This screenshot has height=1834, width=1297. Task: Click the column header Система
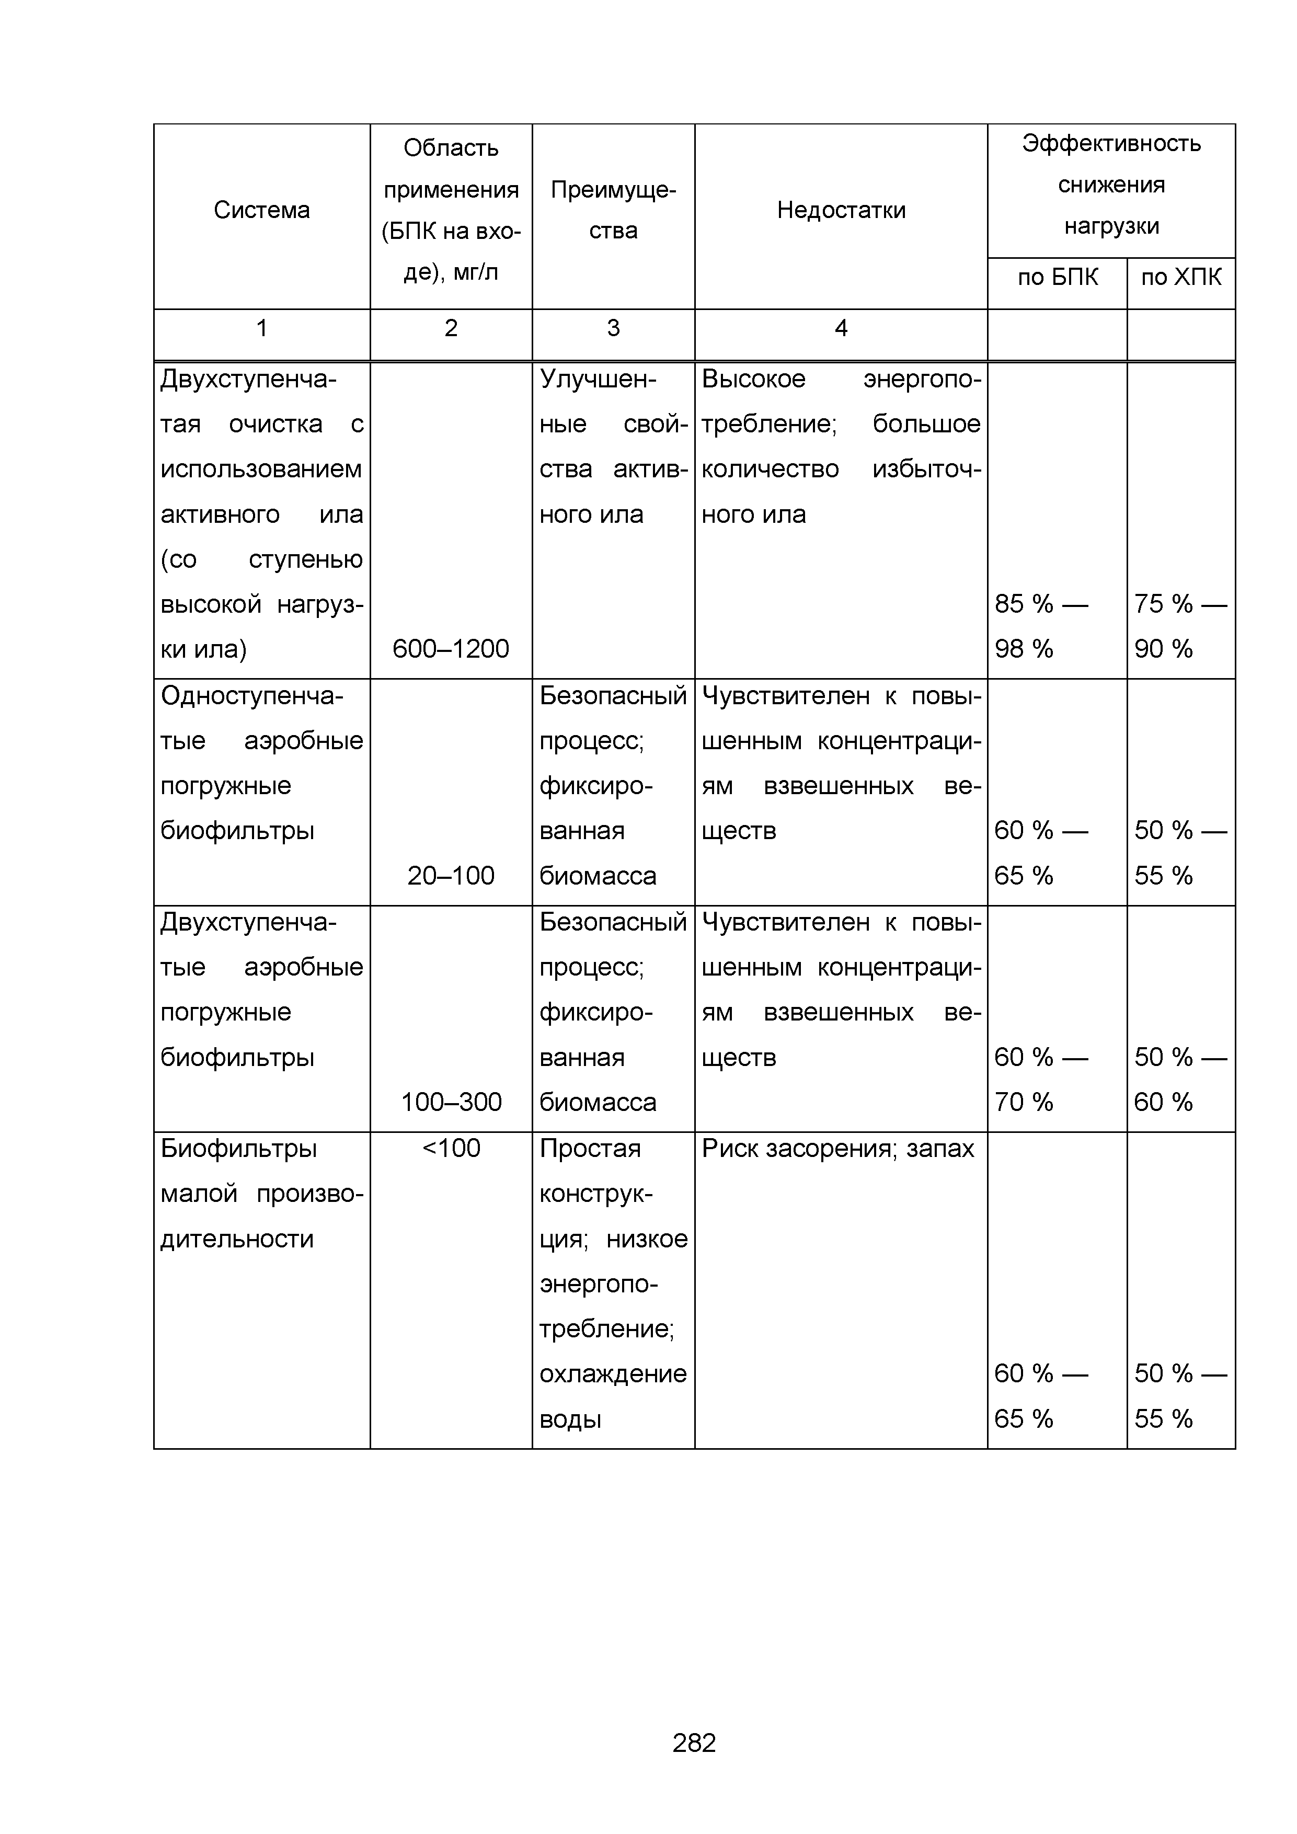click(261, 210)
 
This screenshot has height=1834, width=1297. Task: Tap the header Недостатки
click(841, 210)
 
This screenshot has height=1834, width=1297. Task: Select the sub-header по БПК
click(1058, 277)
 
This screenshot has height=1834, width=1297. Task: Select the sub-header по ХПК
click(1180, 277)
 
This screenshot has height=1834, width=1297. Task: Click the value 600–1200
click(451, 649)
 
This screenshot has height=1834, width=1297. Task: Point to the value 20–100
click(451, 876)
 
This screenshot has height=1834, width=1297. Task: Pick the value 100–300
click(451, 1102)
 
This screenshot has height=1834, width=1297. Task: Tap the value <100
click(451, 1149)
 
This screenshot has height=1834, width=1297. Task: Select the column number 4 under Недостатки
click(841, 328)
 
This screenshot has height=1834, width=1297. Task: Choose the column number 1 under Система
click(261, 328)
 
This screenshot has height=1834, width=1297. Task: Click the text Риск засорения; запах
click(838, 1149)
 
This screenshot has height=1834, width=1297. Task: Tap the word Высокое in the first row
click(753, 379)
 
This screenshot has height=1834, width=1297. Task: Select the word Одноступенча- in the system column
click(251, 696)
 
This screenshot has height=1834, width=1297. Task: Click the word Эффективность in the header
click(1111, 144)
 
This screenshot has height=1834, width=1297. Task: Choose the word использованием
click(261, 469)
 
